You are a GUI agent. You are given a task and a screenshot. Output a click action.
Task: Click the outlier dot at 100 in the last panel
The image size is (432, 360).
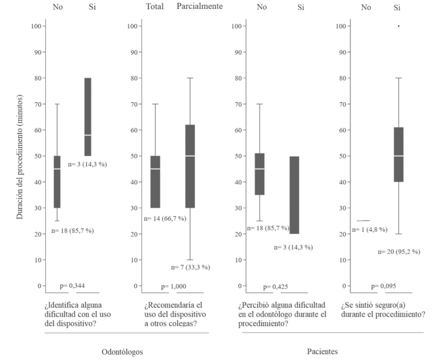tap(399, 26)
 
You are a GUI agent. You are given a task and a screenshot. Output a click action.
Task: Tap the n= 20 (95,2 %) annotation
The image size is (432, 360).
tap(399, 251)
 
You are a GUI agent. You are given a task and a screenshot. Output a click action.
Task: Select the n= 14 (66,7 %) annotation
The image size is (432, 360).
tap(165, 218)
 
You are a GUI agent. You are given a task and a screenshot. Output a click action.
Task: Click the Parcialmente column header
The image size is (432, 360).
tap(200, 7)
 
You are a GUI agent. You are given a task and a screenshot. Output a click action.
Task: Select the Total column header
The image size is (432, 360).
tap(156, 7)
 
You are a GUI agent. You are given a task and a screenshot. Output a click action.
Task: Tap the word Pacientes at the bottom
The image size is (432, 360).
tap(322, 351)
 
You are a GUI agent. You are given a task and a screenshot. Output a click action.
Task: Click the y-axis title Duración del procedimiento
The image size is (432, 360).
tap(19, 156)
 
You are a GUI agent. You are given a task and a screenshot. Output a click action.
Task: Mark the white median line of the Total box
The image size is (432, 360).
tap(156, 169)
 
